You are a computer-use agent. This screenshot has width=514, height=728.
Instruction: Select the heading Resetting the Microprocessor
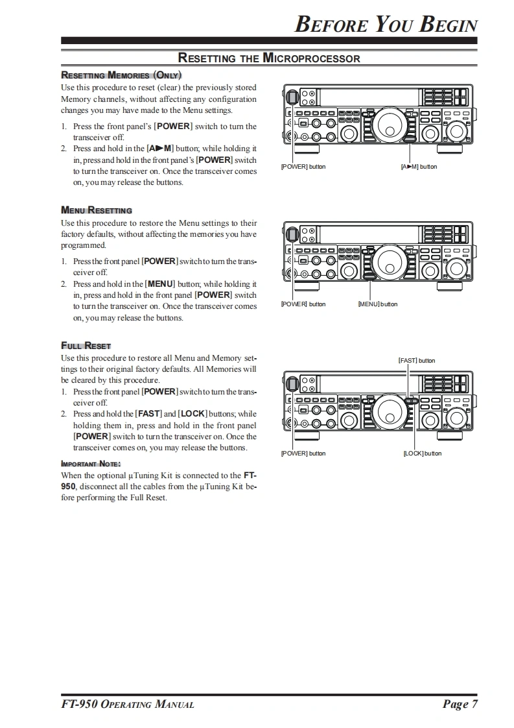(x=269, y=58)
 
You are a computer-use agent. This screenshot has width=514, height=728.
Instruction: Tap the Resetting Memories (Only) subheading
(x=121, y=75)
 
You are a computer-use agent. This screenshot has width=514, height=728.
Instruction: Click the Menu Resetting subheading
(x=96, y=210)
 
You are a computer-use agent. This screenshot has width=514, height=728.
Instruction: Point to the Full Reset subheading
(x=86, y=345)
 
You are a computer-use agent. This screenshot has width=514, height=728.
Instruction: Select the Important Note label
(x=91, y=463)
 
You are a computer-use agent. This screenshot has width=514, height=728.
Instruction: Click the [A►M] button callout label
(x=419, y=167)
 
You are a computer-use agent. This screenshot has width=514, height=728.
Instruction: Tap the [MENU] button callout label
(x=378, y=304)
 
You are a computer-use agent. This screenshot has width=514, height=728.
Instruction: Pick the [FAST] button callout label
(x=416, y=361)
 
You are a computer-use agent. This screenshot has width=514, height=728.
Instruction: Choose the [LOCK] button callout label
(x=422, y=454)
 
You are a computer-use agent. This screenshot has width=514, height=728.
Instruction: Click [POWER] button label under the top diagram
(x=303, y=167)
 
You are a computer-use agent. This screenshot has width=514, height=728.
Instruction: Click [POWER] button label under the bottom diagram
(x=303, y=454)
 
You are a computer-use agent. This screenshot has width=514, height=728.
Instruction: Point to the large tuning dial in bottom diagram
(x=393, y=409)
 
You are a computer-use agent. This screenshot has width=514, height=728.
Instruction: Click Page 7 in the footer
(x=461, y=705)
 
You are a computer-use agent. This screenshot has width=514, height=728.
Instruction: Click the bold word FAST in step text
(x=148, y=414)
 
